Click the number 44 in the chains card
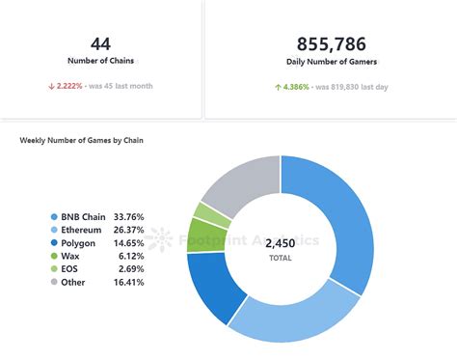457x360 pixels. [x=100, y=43]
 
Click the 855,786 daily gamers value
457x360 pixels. [x=331, y=43]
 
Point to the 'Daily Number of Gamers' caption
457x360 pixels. [x=331, y=62]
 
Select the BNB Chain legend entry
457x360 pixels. [x=81, y=217]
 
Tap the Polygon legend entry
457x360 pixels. [x=79, y=244]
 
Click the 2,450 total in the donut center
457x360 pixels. [x=281, y=245]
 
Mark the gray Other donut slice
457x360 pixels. [x=236, y=183]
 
